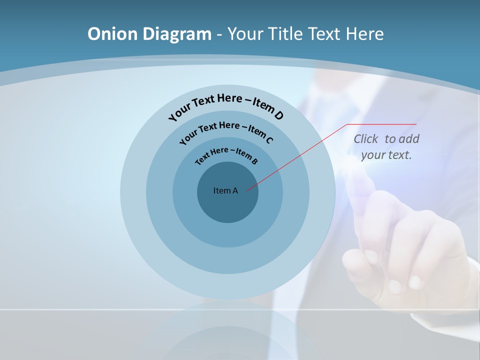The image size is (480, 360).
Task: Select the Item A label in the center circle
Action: tap(225, 190)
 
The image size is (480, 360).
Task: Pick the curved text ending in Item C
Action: tap(226, 130)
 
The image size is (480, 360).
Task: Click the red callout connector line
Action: tap(300, 155)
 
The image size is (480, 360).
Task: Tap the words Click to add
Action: tap(386, 139)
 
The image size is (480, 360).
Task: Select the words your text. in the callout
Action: tap(386, 155)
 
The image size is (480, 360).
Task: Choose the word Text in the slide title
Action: tap(323, 34)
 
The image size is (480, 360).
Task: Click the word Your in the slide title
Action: tap(246, 34)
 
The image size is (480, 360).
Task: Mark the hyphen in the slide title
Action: tap(219, 35)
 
